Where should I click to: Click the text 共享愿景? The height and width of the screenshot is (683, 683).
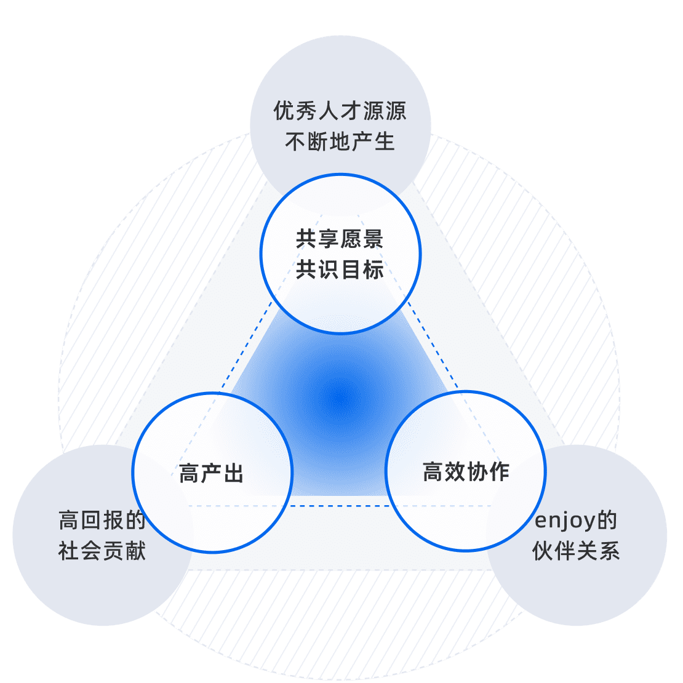tap(340, 239)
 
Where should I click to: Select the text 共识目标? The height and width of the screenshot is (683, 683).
tap(340, 270)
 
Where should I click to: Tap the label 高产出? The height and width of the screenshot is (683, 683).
tap(212, 474)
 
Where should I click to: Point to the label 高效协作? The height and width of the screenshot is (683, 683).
tap(466, 472)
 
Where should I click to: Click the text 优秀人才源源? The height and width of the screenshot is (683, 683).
tap(340, 112)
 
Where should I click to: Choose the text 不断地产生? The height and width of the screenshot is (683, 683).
tap(340, 142)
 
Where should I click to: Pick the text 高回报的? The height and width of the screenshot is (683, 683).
tap(102, 521)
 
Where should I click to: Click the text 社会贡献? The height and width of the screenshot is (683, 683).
tap(102, 551)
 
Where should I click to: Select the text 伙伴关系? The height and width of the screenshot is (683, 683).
tap(576, 551)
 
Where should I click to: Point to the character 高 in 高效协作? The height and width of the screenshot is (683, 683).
tap(433, 472)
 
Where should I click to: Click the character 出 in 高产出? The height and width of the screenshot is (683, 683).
tap(234, 474)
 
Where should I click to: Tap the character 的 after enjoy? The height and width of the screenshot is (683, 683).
tap(607, 521)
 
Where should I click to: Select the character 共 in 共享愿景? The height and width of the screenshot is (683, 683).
tap(306, 239)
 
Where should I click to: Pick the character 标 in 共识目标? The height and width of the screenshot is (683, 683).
tap(373, 270)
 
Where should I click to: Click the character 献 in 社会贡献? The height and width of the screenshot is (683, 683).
tap(135, 551)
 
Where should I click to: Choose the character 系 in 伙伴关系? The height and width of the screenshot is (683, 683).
tap(609, 551)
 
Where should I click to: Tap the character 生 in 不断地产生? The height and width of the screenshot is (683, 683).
tap(384, 142)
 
